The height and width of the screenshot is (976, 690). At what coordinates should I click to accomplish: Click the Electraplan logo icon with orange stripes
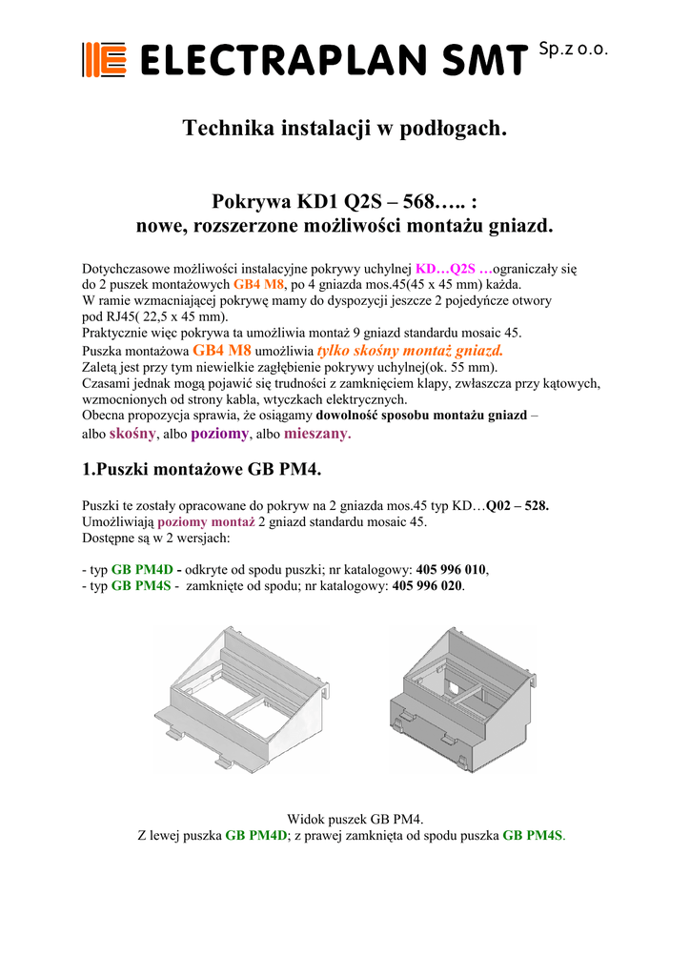[x=104, y=60]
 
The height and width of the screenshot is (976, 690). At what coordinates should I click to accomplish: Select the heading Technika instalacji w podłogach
[x=344, y=129]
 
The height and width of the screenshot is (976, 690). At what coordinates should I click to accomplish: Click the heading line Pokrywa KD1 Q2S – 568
[x=344, y=201]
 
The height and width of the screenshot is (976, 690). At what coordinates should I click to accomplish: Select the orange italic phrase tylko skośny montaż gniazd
[x=409, y=350]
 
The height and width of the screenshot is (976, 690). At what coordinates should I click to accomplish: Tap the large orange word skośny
[x=132, y=434]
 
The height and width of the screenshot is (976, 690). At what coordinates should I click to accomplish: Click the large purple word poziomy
[x=220, y=434]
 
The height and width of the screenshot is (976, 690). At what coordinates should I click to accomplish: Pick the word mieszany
[x=317, y=434]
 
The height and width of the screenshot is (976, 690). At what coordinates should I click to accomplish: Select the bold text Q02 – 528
[x=517, y=506]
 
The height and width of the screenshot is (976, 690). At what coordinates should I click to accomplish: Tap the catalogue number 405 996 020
[x=428, y=586]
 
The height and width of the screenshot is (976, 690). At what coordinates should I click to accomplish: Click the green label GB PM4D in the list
[x=141, y=569]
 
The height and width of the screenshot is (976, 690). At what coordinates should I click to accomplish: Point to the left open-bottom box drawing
[x=244, y=696]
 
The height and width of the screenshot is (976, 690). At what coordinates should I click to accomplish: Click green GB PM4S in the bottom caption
[x=532, y=835]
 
